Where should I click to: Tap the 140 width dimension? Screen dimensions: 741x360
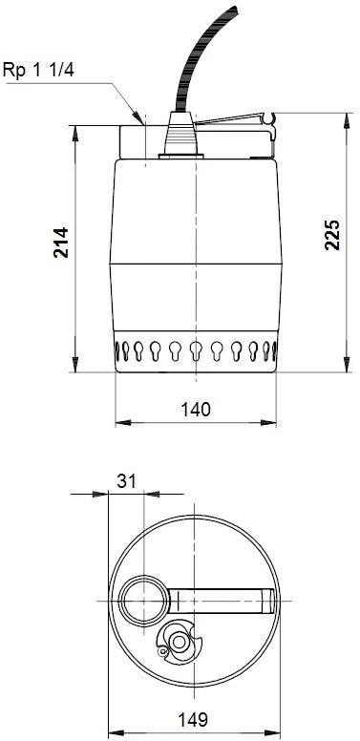(x=196, y=409)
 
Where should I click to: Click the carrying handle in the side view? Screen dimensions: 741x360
(x=234, y=122)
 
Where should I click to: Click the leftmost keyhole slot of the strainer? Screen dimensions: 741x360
(x=121, y=349)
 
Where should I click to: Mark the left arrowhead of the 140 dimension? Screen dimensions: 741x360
(x=119, y=421)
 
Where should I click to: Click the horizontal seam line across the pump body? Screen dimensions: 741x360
(x=196, y=264)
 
